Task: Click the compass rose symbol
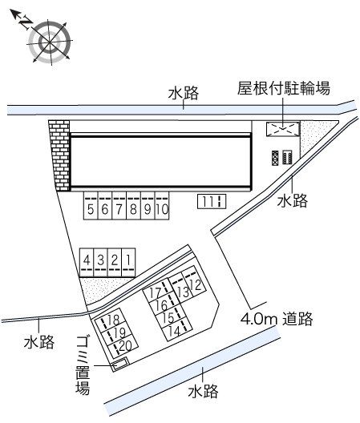pos(50,42)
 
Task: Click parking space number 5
pos(91,206)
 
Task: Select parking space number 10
pos(162,206)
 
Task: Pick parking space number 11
pos(212,201)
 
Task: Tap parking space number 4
pos(87,263)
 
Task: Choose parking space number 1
pos(128,263)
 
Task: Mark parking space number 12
pos(194,283)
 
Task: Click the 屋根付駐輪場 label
pos(283,88)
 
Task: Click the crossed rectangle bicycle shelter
pos(283,129)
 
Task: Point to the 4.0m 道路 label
pos(277,319)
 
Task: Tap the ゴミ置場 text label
pos(83,365)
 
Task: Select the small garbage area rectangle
pos(120,364)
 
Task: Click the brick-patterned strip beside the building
pos(59,155)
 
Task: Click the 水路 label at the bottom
pos(203,391)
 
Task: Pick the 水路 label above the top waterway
pos(184,93)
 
